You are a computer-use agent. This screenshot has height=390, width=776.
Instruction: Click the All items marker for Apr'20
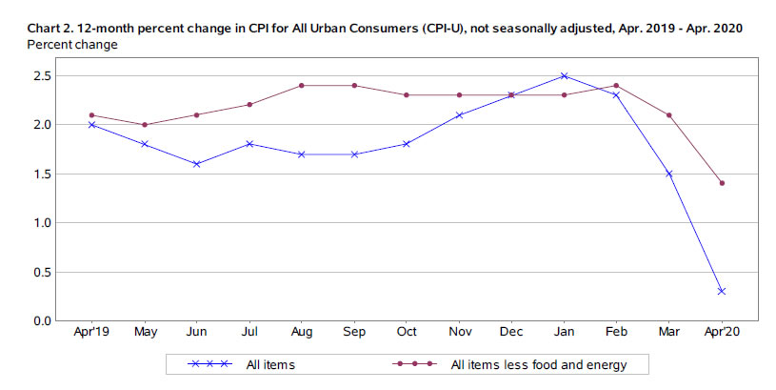click(722, 291)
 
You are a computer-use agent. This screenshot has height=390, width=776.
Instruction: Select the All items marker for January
click(564, 75)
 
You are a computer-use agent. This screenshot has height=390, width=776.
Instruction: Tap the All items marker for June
click(195, 164)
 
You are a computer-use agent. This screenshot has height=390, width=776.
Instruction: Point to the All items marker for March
click(669, 174)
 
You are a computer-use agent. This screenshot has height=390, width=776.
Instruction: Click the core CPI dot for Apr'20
click(722, 183)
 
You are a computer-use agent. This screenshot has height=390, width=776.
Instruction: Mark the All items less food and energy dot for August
click(301, 85)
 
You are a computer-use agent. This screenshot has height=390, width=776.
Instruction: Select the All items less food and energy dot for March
click(669, 115)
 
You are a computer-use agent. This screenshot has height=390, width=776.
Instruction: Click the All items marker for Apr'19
click(90, 124)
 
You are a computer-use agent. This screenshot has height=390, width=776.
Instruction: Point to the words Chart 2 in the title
click(50, 28)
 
